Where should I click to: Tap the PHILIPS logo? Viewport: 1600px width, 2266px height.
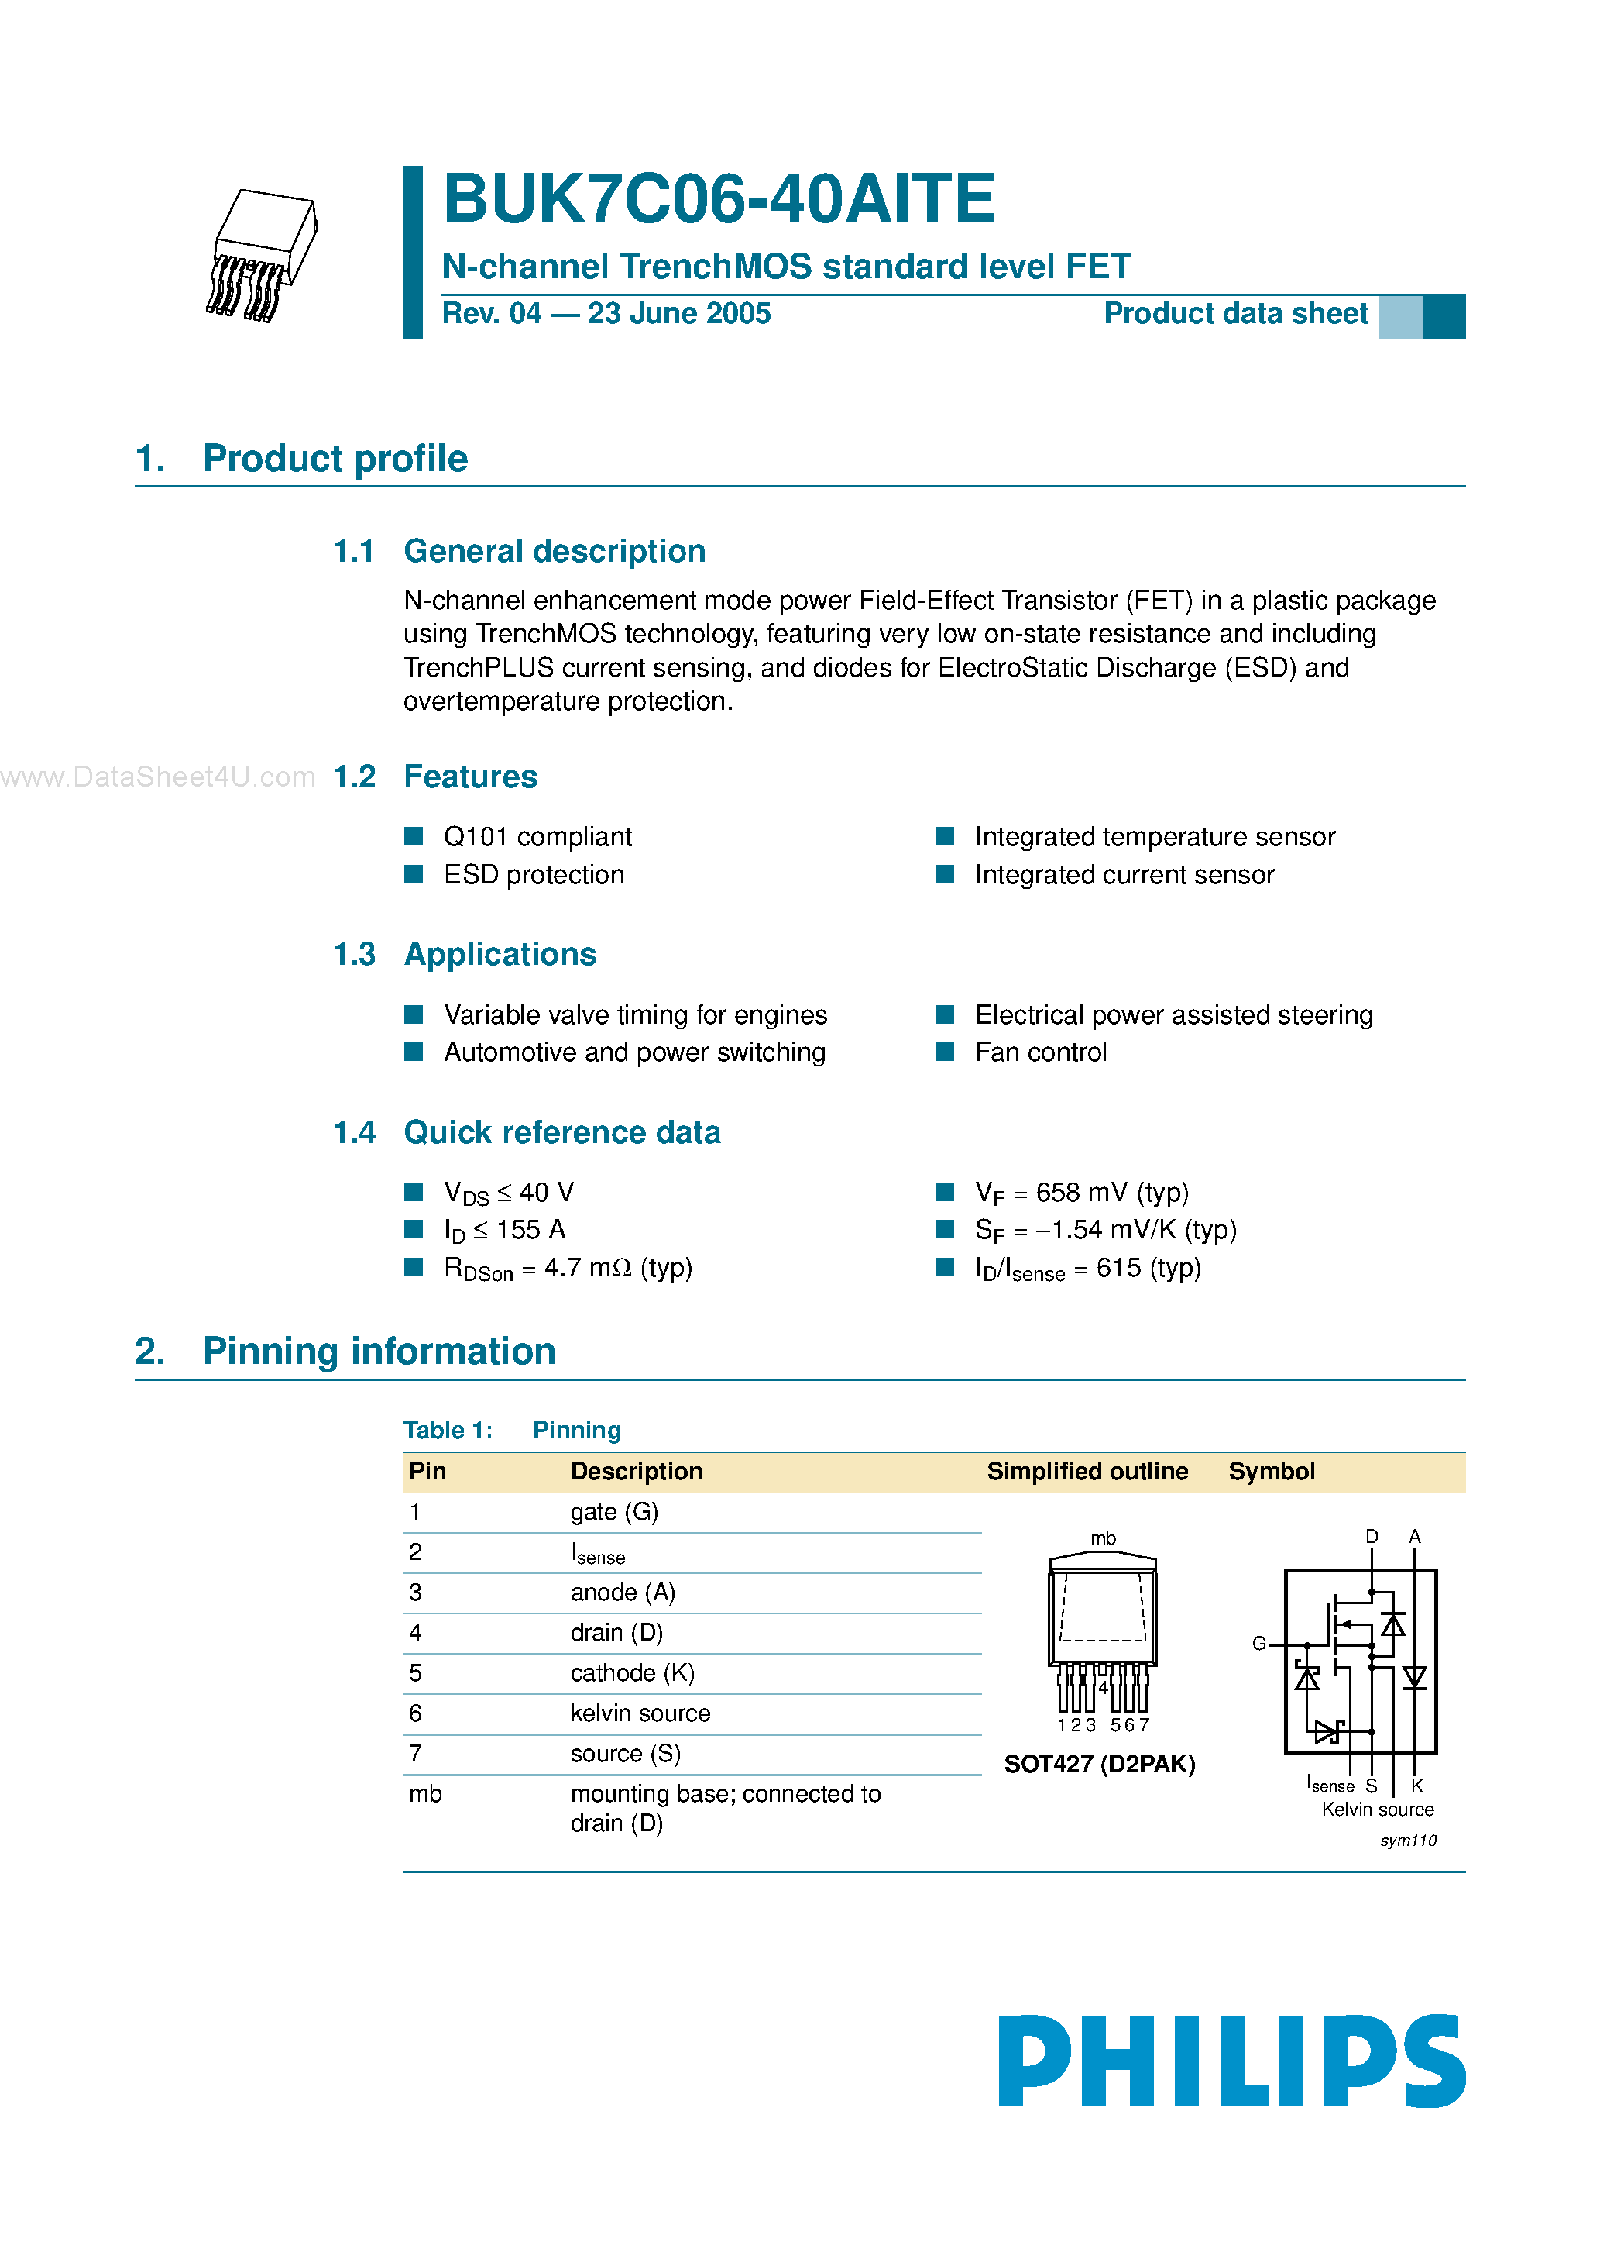coord(1231,2061)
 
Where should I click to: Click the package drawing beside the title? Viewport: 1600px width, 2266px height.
coord(263,255)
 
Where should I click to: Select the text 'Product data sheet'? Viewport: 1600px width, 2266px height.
coord(1235,314)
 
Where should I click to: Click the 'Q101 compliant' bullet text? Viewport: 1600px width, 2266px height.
coord(537,837)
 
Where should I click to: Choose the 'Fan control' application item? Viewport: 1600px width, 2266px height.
coord(1041,1052)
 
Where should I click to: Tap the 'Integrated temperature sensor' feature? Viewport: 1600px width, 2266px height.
coord(1154,837)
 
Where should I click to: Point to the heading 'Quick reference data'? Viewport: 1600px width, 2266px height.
coord(562,1132)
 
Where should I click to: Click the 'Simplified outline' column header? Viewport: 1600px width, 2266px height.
coord(1087,1472)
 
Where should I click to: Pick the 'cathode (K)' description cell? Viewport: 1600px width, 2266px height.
coord(632,1673)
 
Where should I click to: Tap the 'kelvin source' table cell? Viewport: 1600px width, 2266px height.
coord(640,1713)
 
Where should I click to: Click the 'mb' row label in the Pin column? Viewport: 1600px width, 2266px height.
coord(425,1794)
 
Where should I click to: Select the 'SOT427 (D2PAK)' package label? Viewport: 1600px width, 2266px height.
coord(1099,1764)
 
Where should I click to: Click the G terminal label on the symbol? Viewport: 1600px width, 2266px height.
coord(1258,1643)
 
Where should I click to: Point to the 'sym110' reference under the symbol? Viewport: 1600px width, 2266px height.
coord(1408,1841)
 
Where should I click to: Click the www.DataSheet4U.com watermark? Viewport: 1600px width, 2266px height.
coord(158,778)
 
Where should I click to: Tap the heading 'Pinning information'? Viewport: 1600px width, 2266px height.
coord(379,1351)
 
